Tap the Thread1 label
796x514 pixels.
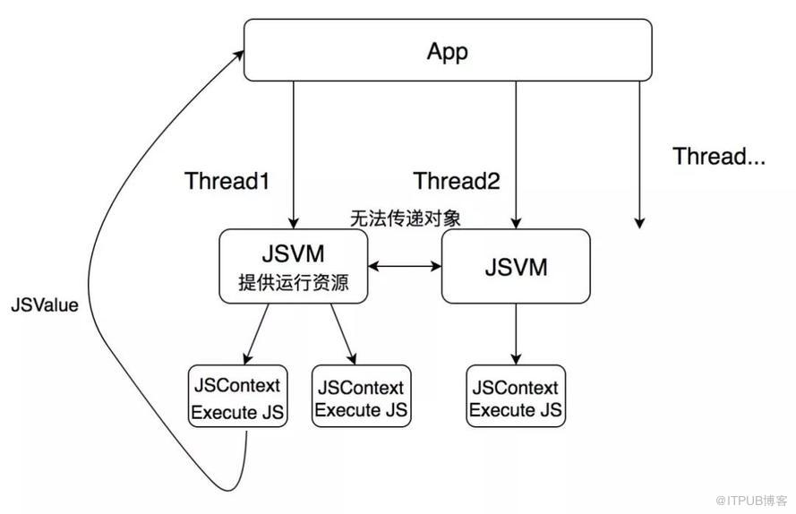[x=227, y=181]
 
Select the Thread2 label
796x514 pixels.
[x=456, y=181]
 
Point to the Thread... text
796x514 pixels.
[x=719, y=157]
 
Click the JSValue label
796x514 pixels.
[x=45, y=304]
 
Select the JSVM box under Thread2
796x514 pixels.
[x=516, y=266]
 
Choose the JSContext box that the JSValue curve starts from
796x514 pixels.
[x=237, y=396]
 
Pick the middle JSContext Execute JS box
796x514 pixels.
[x=362, y=396]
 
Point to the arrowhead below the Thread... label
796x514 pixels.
[x=639, y=222]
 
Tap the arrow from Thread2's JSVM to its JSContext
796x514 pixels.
[x=516, y=333]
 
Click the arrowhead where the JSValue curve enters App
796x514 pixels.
[x=241, y=56]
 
